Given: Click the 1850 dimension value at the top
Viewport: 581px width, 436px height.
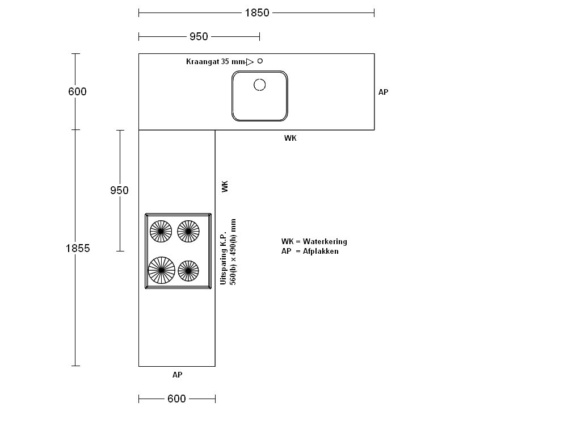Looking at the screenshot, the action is click(x=257, y=12).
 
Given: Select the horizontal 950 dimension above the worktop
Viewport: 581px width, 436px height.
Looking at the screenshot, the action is click(x=199, y=36).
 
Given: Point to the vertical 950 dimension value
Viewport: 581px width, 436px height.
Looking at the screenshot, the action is click(x=119, y=190).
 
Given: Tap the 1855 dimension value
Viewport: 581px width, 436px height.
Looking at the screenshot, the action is click(x=78, y=248).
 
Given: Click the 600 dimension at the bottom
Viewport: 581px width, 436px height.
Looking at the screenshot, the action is click(x=177, y=399).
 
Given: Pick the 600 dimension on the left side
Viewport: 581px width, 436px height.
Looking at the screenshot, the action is click(x=77, y=91).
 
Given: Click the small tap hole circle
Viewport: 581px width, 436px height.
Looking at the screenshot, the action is click(x=260, y=61).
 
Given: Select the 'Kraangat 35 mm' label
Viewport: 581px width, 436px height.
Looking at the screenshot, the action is click(x=216, y=61).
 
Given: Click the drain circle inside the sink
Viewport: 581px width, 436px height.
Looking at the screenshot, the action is click(x=260, y=85).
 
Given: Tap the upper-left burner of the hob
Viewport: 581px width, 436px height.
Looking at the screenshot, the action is click(x=161, y=232).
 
